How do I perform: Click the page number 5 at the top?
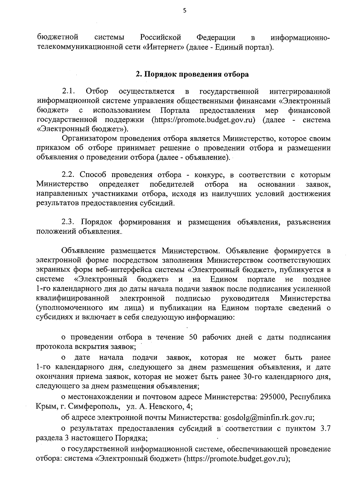point(184,11)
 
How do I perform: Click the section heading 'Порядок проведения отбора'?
point(196,74)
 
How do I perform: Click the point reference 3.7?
point(325,428)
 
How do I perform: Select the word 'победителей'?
point(172,184)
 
